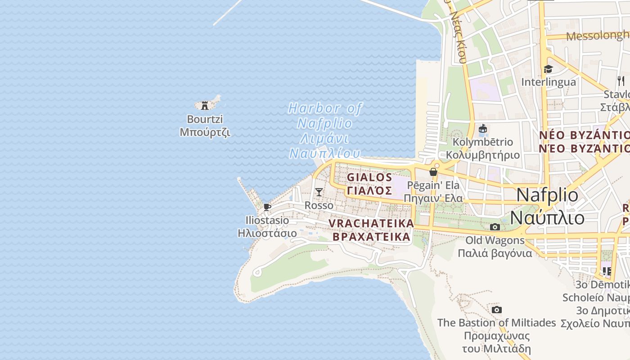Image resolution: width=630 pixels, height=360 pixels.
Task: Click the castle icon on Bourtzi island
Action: pos(205,105)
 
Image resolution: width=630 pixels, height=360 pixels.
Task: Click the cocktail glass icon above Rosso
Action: pos(319,192)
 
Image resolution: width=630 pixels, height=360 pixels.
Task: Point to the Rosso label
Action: pos(319,206)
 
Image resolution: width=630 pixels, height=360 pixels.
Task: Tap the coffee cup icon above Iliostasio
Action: pos(267,207)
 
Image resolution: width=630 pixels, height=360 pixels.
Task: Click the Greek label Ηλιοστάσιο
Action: pos(267,233)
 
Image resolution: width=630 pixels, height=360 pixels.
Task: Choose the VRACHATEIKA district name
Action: pos(371,223)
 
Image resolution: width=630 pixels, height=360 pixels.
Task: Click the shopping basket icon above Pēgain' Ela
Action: pos(433,172)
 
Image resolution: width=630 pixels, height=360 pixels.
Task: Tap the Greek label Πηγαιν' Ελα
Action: pos(433,198)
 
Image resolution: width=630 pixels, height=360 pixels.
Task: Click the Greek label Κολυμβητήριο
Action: pos(483,155)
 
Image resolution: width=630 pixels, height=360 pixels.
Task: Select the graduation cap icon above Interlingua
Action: pos(548,69)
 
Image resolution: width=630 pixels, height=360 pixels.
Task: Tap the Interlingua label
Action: pos(549,82)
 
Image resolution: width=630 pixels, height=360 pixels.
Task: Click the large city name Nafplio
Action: pos(548,195)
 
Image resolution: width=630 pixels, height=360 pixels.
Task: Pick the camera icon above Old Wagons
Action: pos(495,227)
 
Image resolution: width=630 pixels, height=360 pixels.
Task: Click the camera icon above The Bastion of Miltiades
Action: pos(497,310)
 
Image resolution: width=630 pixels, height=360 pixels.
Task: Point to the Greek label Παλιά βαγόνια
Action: pos(495,253)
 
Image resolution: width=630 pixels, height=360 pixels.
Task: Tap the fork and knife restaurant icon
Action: pos(621,81)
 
